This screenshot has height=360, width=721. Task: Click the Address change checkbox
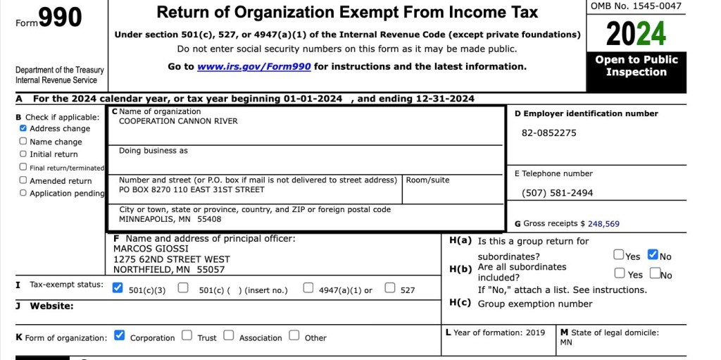[x=23, y=129]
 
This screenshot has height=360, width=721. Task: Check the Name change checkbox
[x=23, y=142]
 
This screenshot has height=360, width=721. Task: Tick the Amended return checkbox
[x=23, y=180]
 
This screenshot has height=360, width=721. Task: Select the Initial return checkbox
[x=23, y=154]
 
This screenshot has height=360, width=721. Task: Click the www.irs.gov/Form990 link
[x=254, y=66]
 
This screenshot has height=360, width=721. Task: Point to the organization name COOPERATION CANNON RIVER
[x=178, y=121]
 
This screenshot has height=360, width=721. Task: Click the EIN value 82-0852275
[x=549, y=133]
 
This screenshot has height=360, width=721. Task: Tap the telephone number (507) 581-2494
[x=558, y=193]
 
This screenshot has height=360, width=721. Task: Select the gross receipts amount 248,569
[x=603, y=224]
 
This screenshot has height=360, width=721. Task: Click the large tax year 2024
[x=636, y=33]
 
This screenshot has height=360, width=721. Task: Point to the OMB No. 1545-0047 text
[x=636, y=6]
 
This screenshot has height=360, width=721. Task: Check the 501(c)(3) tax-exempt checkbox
[x=118, y=288]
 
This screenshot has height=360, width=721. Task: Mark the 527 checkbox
[x=390, y=288]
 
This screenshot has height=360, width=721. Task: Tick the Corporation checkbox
[x=120, y=336]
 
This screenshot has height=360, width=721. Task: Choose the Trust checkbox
[x=187, y=336]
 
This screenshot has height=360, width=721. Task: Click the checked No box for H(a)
[x=653, y=255]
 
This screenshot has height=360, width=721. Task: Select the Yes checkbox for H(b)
[x=620, y=273]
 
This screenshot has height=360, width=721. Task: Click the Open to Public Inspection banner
[x=636, y=66]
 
